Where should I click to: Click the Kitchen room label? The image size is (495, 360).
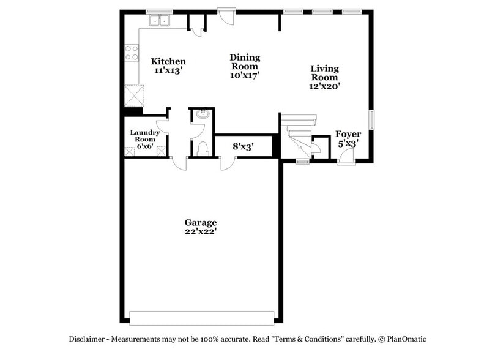pos(168,61)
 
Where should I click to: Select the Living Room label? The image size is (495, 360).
pos(324,73)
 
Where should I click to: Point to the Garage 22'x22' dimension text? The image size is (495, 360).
pos(201,231)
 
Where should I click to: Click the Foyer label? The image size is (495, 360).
pos(348,134)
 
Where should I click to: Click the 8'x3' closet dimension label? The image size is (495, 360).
pos(243,147)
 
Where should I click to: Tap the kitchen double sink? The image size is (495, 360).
pos(160,20)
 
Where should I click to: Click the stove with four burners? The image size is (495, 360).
pos(132,53)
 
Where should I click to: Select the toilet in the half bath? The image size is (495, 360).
pos(202,148)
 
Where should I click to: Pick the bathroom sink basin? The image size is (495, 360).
pos(203,114)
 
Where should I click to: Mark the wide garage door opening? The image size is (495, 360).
pos(201,317)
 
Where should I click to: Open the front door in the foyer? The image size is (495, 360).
pos(344,157)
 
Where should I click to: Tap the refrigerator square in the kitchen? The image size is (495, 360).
pos(135,96)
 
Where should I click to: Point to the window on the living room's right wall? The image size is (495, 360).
pos(371,119)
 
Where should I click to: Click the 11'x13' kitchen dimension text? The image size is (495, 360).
pos(168,70)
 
